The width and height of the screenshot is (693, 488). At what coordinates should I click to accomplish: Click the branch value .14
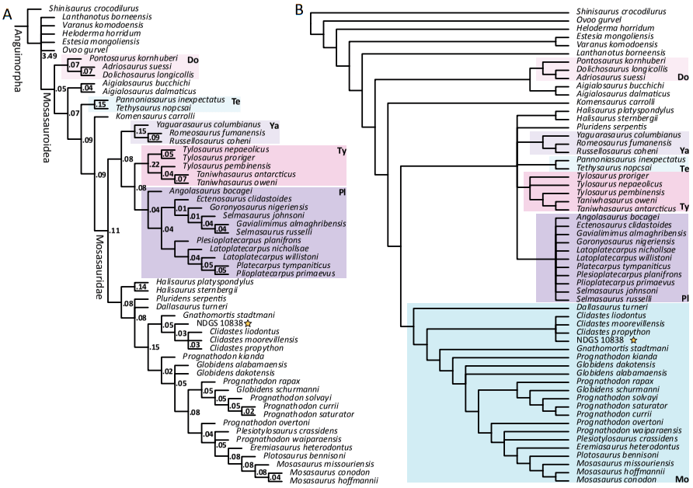(141, 287)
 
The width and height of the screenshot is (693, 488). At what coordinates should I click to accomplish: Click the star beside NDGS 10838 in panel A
(248, 323)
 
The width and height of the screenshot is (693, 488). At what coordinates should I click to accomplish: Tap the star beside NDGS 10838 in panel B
(633, 340)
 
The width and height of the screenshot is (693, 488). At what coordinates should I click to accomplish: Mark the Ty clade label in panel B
(683, 206)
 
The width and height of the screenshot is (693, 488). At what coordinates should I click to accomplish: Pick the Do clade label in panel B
(683, 77)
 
